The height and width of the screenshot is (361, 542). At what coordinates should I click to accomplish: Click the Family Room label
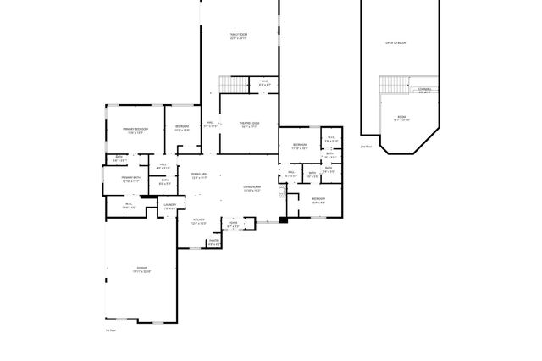pyautogui.click(x=238, y=36)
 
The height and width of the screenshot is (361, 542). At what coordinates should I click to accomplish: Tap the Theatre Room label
pyautogui.click(x=249, y=124)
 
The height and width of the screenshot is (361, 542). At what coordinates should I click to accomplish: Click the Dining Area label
pyautogui.click(x=200, y=175)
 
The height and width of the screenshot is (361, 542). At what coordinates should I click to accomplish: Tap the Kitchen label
pyautogui.click(x=198, y=222)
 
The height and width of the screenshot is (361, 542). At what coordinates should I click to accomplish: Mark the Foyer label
pyautogui.click(x=233, y=225)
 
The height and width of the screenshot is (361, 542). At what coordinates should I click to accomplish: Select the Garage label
pyautogui.click(x=141, y=269)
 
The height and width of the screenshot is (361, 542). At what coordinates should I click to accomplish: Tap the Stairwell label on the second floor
pyautogui.click(x=424, y=90)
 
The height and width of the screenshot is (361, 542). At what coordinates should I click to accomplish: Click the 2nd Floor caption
pyautogui.click(x=367, y=147)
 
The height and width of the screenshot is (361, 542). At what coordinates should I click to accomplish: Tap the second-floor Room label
pyautogui.click(x=401, y=118)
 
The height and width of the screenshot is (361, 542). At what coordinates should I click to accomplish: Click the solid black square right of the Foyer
pyautogui.click(x=283, y=220)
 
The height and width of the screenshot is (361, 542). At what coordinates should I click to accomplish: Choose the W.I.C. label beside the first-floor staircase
pyautogui.click(x=263, y=83)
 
